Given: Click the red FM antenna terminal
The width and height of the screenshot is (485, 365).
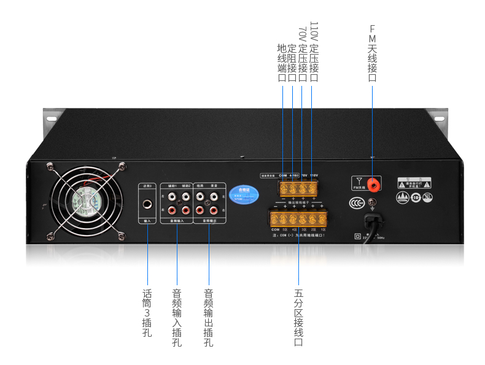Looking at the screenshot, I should tap(372, 182).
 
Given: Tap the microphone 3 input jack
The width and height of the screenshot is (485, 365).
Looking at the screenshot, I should tap(147, 205).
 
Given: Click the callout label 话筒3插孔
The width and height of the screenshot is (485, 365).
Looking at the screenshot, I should tap(147, 313).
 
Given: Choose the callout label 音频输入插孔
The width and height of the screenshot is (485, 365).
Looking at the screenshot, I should tap(177, 318).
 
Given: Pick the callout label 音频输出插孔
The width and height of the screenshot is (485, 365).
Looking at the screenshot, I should tap(208, 318).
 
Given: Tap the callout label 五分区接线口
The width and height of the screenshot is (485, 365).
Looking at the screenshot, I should tap(298, 318).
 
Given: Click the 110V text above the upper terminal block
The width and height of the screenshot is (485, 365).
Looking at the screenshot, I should tap(314, 175).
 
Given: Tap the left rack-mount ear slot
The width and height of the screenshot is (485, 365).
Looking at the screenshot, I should tap(50, 118).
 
